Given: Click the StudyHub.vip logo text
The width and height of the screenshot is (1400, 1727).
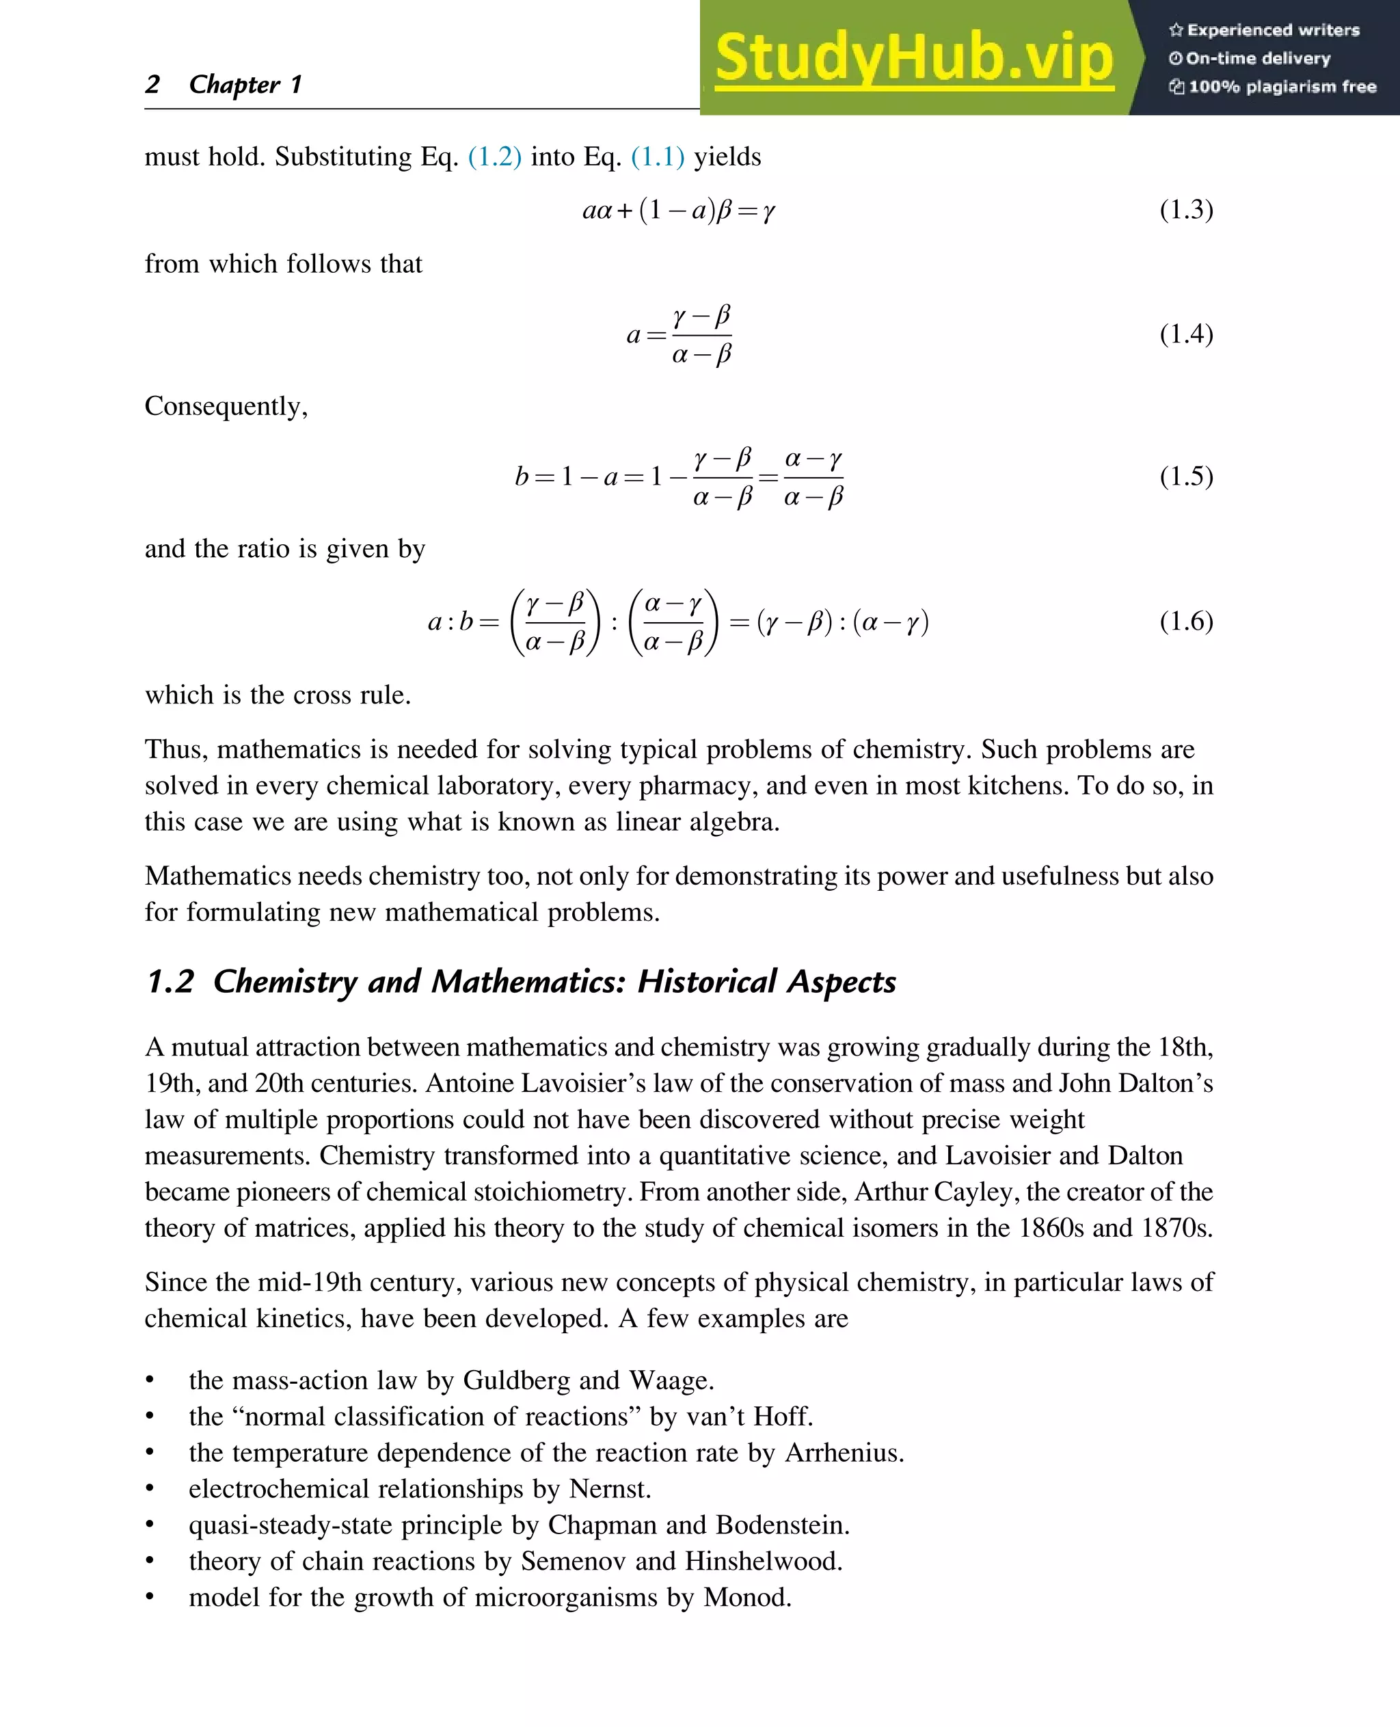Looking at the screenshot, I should tap(914, 58).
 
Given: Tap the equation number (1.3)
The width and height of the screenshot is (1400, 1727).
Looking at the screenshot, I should tap(1185, 210).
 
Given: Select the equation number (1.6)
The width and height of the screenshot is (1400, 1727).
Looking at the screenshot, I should tap(1185, 621).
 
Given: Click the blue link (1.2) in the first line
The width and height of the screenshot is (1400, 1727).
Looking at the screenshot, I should tap(494, 157).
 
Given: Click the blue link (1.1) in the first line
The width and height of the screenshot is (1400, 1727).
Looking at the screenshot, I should tap(657, 157).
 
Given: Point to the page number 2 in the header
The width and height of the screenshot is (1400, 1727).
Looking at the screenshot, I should tap(152, 84).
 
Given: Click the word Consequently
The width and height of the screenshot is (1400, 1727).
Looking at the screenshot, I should tap(225, 405).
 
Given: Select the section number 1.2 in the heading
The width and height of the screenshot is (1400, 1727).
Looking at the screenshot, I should tap(170, 982).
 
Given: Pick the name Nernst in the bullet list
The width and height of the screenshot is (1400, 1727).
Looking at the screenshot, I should tap(609, 1489).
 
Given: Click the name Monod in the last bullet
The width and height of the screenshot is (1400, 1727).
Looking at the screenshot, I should tap(745, 1597).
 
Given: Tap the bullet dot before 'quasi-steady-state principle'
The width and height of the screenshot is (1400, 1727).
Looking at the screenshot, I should tap(150, 1525).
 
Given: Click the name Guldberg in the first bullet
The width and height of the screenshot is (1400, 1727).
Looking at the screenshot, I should tap(515, 1381).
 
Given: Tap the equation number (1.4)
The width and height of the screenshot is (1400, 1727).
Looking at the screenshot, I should tap(1185, 334).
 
